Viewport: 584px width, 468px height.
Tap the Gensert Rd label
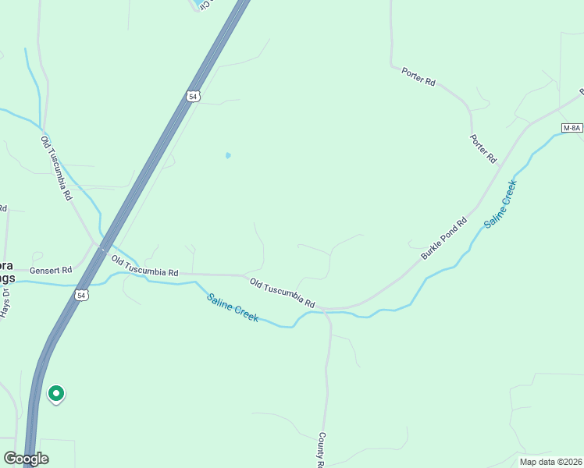click(51, 270)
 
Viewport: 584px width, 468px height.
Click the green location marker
click(55, 394)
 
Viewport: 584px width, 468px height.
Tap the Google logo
click(26, 459)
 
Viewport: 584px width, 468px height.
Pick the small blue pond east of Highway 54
click(227, 155)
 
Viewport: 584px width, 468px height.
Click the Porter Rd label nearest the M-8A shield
click(483, 148)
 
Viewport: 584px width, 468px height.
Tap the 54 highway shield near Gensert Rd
click(83, 295)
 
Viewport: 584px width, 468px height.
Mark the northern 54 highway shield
click(194, 96)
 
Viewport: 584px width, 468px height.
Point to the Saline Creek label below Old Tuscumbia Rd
click(233, 307)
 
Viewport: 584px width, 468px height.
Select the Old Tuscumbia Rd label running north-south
click(56, 167)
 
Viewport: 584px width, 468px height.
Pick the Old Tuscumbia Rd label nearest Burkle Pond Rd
click(282, 291)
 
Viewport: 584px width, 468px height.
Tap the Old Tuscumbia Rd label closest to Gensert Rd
click(144, 266)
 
